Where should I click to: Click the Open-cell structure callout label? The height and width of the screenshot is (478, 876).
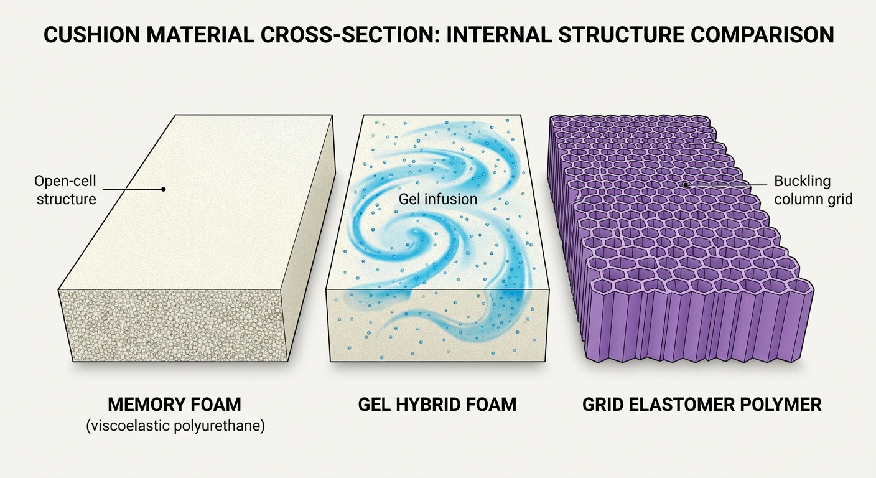point(66,190)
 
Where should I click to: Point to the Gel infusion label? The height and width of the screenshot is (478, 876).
point(438,199)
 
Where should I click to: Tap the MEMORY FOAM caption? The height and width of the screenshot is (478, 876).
point(174,405)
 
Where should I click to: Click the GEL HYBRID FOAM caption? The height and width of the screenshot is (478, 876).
point(437,405)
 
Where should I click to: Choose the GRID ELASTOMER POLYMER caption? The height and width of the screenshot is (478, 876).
point(702,405)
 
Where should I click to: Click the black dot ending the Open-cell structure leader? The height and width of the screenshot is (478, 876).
point(163,188)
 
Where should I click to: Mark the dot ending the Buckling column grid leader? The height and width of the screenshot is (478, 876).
point(685,185)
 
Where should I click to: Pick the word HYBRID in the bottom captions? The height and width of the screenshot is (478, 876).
point(436,405)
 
